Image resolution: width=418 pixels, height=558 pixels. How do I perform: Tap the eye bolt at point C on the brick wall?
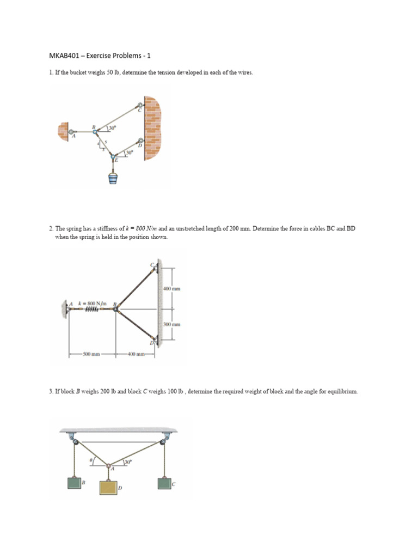coord(140,106)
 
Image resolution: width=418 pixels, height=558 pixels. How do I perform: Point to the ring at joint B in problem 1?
coord(96,131)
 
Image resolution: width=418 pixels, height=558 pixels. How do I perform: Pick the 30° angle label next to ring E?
coord(129,153)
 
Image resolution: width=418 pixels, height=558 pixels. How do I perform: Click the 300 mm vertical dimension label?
coord(171,324)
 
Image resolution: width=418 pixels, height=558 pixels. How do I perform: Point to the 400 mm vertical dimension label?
coord(171,288)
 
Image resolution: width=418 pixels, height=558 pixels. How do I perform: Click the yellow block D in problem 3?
coord(108,486)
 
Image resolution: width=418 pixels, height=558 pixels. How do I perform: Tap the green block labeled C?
coord(164,483)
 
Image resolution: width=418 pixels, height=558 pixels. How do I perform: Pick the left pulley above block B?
coord(73,441)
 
